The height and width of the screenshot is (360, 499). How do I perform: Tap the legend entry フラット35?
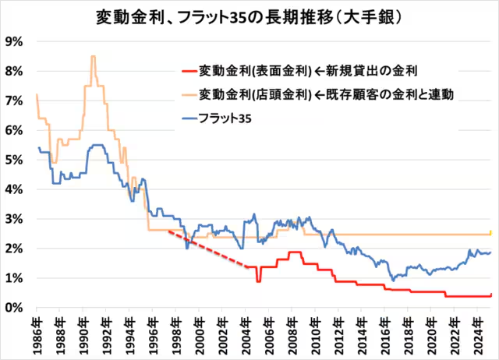[225, 118]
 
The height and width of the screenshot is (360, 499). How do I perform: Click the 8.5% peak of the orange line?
[93, 57]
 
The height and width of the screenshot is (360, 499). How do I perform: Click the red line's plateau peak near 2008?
[295, 252]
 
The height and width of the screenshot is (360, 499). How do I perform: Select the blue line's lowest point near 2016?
[394, 280]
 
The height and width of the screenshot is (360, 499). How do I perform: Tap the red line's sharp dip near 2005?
[258, 281]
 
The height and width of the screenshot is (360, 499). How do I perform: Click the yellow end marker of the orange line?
[490, 232]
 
